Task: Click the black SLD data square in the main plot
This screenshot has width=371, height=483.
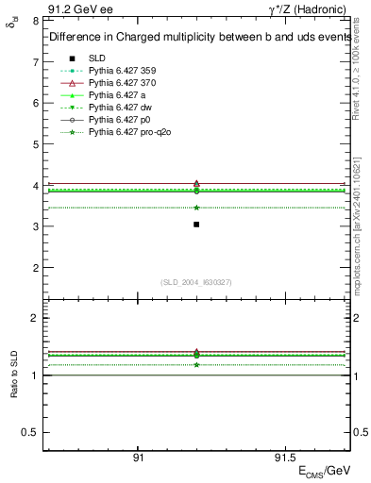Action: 196,225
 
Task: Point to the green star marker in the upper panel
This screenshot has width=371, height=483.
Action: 196,208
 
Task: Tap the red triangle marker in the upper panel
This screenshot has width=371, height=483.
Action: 196,183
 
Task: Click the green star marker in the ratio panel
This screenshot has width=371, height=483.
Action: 196,364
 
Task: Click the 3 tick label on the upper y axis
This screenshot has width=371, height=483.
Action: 34,226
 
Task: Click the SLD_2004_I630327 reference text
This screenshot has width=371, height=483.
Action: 195,282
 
